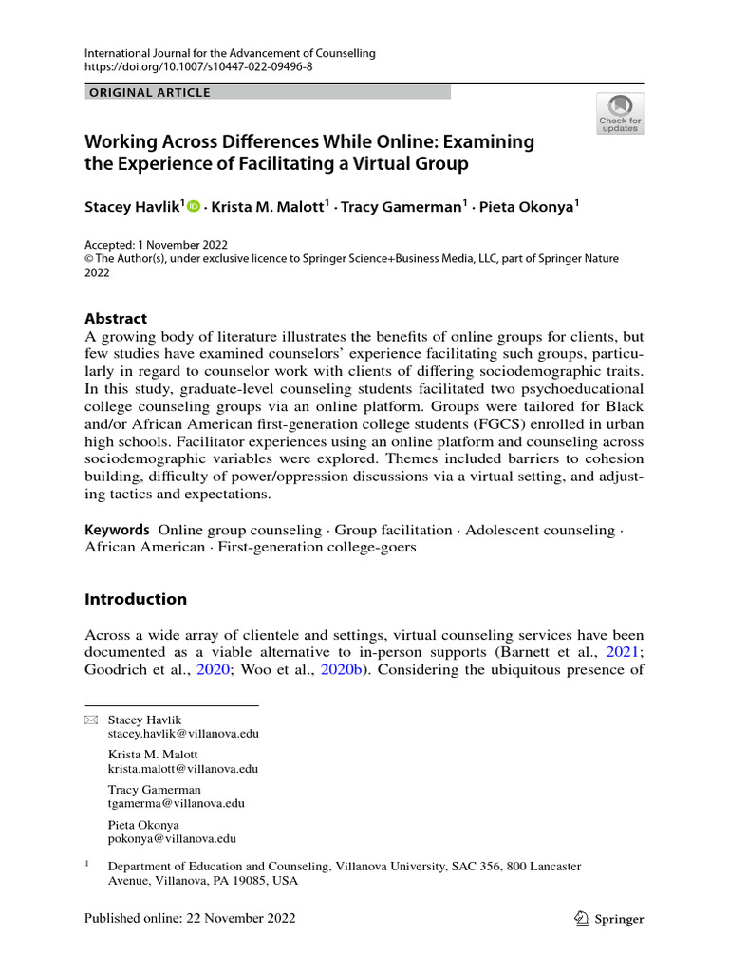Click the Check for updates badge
pyautogui.click(x=620, y=113)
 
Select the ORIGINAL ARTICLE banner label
pyautogui.click(x=150, y=92)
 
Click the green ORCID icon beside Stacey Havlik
pyautogui.click(x=195, y=206)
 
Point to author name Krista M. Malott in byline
pyautogui.click(x=268, y=206)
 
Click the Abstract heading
pyautogui.click(x=116, y=319)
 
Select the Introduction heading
pyautogui.click(x=136, y=599)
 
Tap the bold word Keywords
pyautogui.click(x=117, y=529)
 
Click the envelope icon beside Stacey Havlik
pyautogui.click(x=91, y=720)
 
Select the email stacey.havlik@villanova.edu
pyautogui.click(x=184, y=734)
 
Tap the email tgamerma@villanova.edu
pyautogui.click(x=177, y=803)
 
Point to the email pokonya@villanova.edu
pyautogui.click(x=173, y=838)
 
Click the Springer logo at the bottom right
pyautogui.click(x=610, y=918)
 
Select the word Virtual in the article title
pyautogui.click(x=380, y=164)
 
